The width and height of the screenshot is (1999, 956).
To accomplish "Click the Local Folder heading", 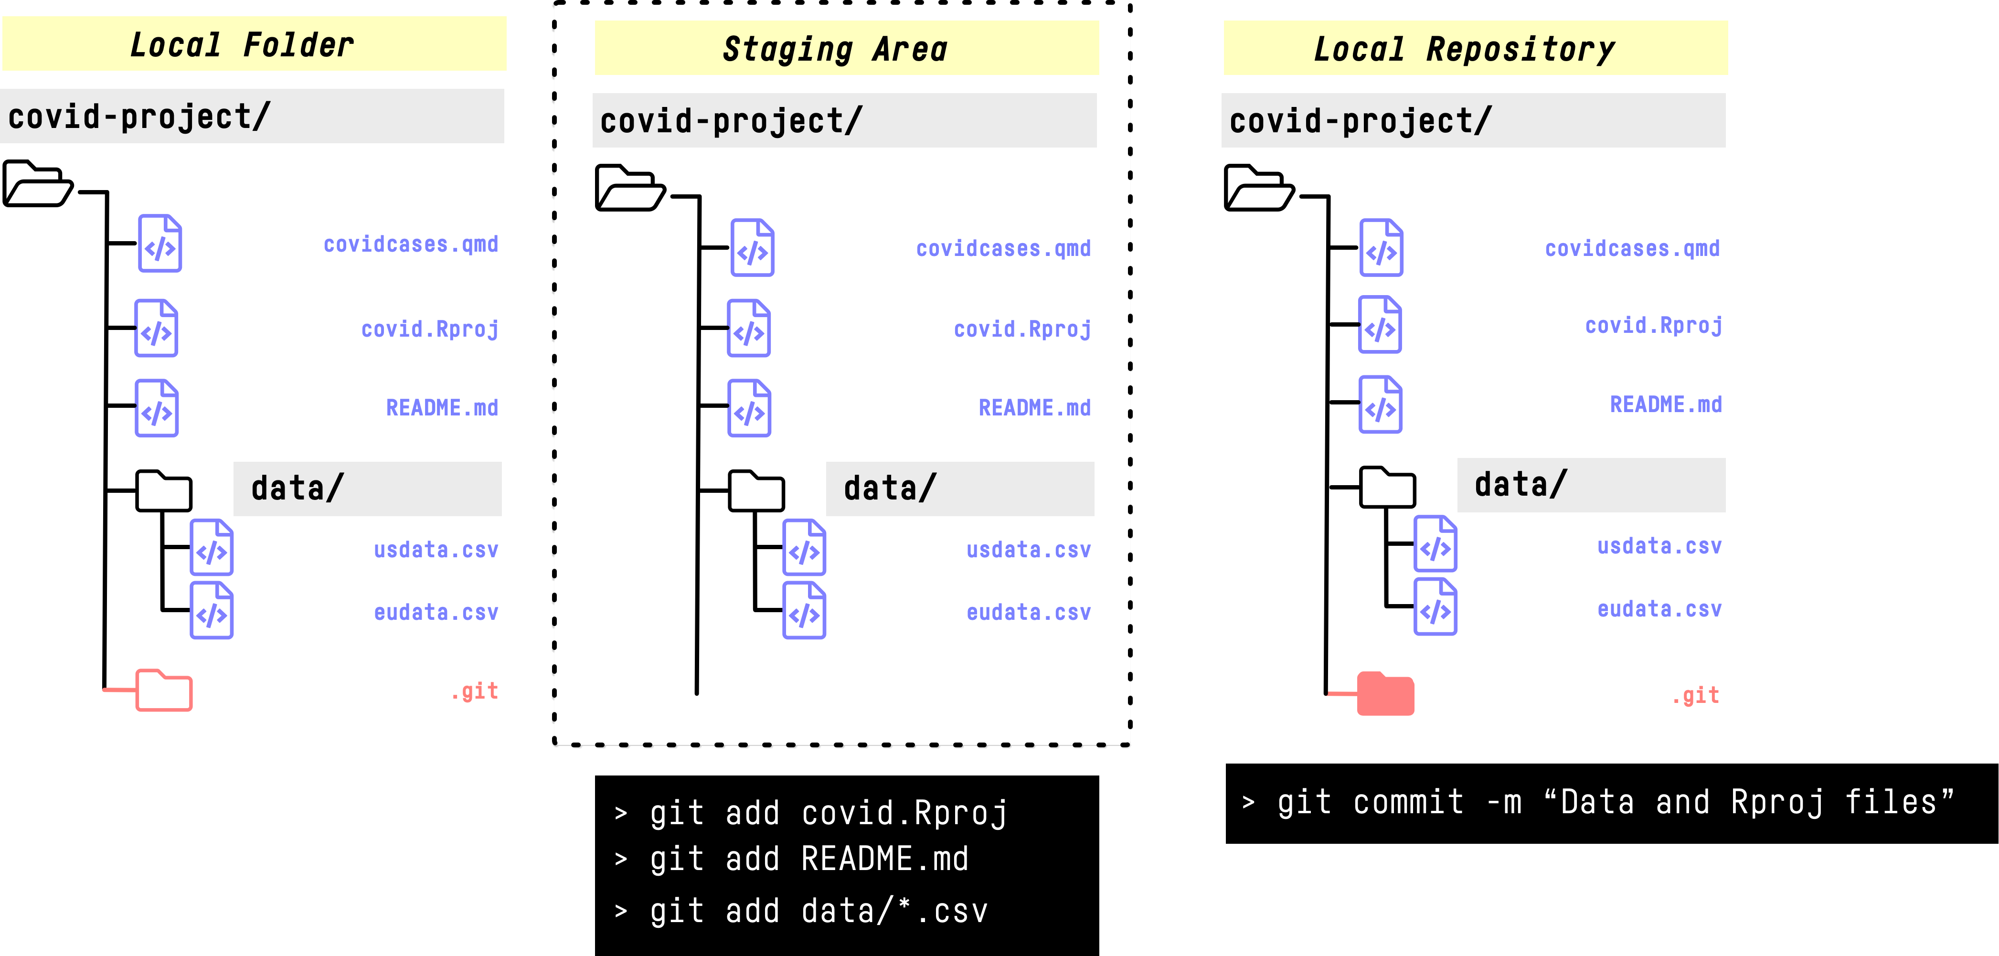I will pyautogui.click(x=242, y=44).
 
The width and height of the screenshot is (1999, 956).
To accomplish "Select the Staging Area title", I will pyautogui.click(x=835, y=49).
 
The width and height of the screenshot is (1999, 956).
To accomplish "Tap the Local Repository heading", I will pyautogui.click(x=1464, y=49).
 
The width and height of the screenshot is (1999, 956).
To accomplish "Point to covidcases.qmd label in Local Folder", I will pyautogui.click(x=411, y=244).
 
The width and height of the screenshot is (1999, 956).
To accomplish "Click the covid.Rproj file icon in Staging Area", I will pyautogui.click(x=749, y=328).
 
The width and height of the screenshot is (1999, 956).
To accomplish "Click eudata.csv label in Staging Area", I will pyautogui.click(x=1028, y=612).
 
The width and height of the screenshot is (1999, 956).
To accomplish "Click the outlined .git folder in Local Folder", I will pyautogui.click(x=164, y=690).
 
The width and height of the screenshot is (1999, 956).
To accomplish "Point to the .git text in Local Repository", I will pyautogui.click(x=1696, y=695).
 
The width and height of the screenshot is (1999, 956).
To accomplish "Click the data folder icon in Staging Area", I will pyautogui.click(x=756, y=490).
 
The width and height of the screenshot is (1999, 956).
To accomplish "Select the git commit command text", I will pyautogui.click(x=1614, y=802).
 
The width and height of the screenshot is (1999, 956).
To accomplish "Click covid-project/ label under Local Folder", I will pyautogui.click(x=139, y=117).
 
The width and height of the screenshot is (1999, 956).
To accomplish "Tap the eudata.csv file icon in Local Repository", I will pyautogui.click(x=1435, y=607).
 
